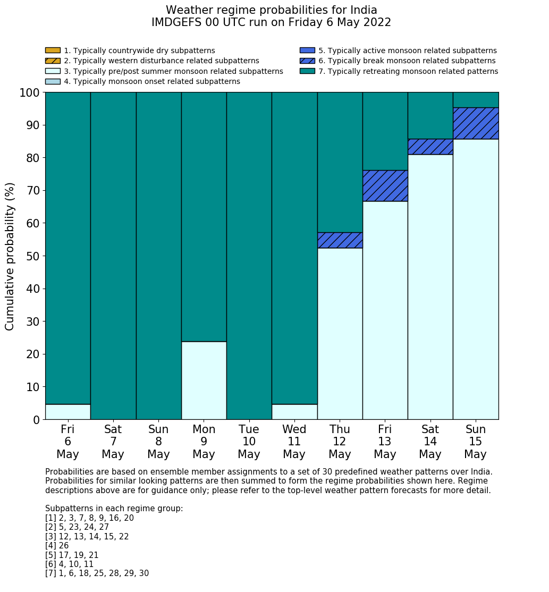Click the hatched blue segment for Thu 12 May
tap(340, 240)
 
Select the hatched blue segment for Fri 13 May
tap(385, 185)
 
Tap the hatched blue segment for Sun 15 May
tap(476, 123)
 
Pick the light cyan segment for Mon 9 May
tap(204, 380)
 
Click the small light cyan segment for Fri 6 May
tap(67, 411)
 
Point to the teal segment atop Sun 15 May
tap(476, 100)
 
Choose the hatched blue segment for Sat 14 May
tap(430, 147)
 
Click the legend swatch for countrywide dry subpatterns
tap(53, 50)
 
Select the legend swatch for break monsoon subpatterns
tap(307, 61)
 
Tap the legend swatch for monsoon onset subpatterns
tap(53, 81)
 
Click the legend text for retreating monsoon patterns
tap(408, 71)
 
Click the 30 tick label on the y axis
tap(33, 322)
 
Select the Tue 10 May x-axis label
tap(249, 442)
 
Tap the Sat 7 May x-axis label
tap(113, 442)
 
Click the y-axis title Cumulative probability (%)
tap(10, 256)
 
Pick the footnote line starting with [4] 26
tap(57, 546)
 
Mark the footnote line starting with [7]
tap(97, 573)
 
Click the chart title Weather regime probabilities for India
tap(272, 10)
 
